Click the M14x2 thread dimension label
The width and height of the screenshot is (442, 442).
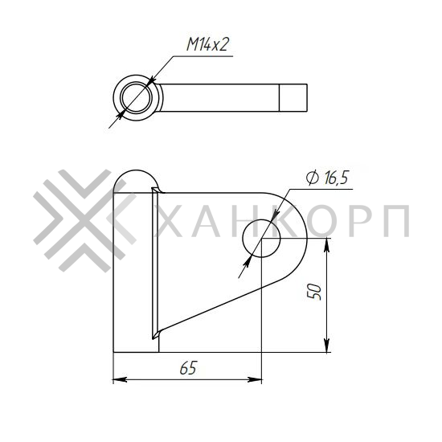[x=208, y=44]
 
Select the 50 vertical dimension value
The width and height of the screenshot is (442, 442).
[x=316, y=291]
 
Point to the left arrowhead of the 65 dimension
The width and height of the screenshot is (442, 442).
[x=117, y=379]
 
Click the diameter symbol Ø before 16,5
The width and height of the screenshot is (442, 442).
[x=312, y=178]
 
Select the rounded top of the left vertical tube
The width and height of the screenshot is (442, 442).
[x=135, y=178]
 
